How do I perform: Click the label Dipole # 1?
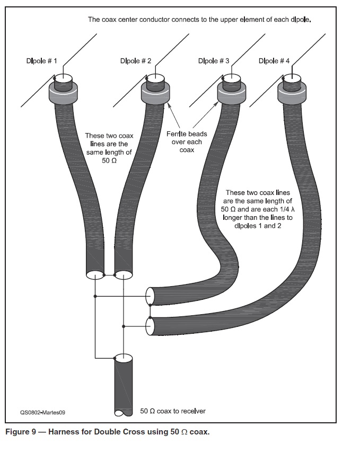point(42,61)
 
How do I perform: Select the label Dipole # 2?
point(136,61)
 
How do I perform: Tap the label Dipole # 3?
point(214,61)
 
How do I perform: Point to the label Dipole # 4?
point(274,61)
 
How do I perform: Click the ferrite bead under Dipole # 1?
point(64,94)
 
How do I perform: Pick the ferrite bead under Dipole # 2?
point(155,94)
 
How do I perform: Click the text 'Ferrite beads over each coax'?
point(187,142)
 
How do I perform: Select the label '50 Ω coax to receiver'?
point(172,411)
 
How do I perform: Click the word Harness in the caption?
point(65,432)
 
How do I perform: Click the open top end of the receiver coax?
point(124,359)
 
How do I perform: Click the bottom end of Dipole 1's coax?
point(94,275)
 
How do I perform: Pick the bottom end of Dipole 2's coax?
point(123,275)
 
